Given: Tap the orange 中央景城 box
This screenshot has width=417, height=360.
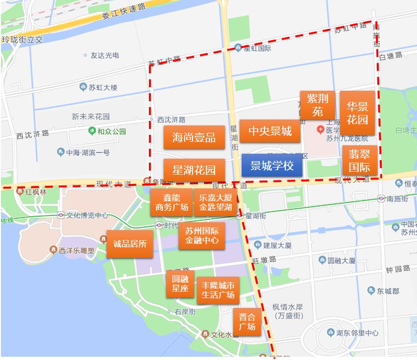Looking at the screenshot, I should click(x=270, y=131).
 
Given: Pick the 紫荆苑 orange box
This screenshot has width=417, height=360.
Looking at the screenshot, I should click(x=317, y=105).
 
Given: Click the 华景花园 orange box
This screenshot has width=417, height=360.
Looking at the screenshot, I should click(x=357, y=113).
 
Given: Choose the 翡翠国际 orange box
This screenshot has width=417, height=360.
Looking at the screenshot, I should click(x=359, y=160).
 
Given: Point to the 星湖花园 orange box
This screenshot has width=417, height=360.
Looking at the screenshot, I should click(x=194, y=170).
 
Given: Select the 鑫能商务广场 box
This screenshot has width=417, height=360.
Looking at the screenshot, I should click(x=171, y=202).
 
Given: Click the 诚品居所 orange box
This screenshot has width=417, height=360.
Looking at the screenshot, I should click(x=130, y=243).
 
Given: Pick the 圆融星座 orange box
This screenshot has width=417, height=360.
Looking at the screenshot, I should click(x=180, y=284).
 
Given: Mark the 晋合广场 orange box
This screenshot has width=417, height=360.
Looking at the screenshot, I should click(x=247, y=322).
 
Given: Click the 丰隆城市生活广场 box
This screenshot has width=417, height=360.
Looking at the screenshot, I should click(x=217, y=290).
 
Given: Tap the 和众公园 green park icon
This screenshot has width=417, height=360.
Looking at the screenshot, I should click(x=91, y=131).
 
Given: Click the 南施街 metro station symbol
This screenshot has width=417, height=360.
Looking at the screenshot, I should click(x=381, y=198).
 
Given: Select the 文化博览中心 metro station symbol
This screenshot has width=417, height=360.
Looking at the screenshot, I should click(x=61, y=216).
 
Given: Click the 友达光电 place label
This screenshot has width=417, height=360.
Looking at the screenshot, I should click(x=104, y=55).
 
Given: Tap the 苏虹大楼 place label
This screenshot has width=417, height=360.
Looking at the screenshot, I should click(x=103, y=88).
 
